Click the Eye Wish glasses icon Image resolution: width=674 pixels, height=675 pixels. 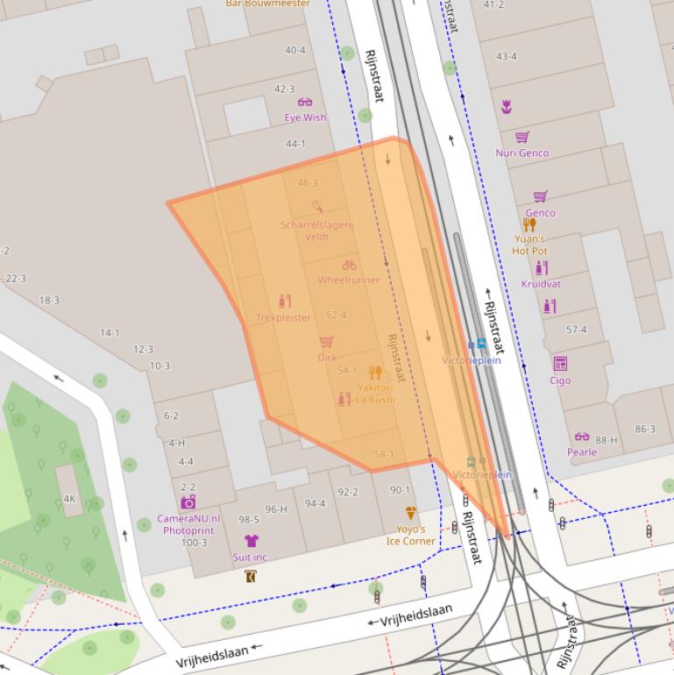coord(305,103)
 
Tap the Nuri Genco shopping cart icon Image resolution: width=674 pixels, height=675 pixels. coord(522,137)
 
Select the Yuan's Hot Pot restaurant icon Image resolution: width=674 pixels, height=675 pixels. coord(529,224)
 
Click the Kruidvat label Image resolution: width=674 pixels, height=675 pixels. coord(541,284)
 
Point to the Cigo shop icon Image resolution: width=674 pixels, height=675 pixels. coord(560,364)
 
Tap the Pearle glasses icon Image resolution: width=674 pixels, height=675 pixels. coord(582,437)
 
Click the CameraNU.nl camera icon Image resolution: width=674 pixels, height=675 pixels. coord(188,502)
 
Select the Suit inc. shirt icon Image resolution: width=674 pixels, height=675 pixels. coord(251,541)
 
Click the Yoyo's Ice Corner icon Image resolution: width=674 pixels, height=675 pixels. coord(410,513)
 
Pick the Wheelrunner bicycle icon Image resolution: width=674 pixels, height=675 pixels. coord(349,265)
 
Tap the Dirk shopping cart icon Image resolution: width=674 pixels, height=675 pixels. coord(327,342)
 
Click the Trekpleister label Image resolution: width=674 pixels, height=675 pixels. coord(283,317)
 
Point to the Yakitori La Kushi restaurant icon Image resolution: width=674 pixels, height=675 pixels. coord(375,372)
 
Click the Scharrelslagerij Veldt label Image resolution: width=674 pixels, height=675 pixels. coord(316,231)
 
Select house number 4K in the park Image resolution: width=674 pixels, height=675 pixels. coord(70,499)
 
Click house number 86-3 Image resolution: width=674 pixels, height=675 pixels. coord(644,429)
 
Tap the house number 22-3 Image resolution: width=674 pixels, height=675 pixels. coord(16,279)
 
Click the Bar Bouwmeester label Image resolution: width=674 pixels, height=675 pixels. coord(267,4)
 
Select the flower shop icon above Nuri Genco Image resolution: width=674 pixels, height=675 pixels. coord(507,106)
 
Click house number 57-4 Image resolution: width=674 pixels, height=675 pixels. coord(577,330)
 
